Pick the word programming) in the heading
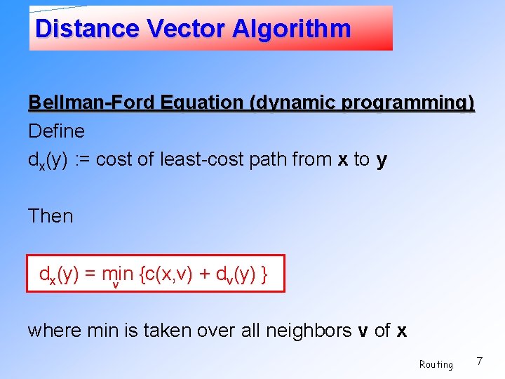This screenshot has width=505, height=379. pos(408,103)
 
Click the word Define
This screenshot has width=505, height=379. pos(56,131)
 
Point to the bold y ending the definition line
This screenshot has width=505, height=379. pos(382,161)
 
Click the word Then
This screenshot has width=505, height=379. pos(50,215)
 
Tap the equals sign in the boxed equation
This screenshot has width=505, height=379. pos(90,274)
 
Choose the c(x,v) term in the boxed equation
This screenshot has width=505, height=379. pos(167,274)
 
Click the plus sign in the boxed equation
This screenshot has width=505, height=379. pos(205,274)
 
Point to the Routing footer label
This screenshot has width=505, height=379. pos(436,364)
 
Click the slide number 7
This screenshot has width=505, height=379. pos(479,361)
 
